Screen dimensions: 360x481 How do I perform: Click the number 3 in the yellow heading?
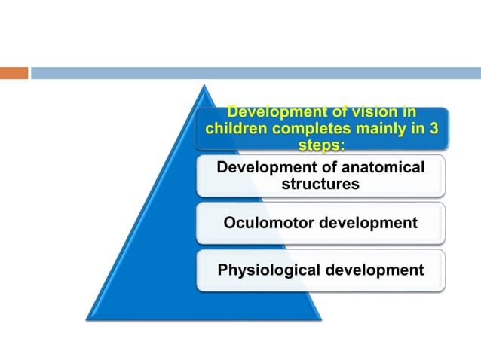pyautogui.click(x=434, y=128)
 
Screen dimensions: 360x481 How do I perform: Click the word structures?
pyautogui.click(x=320, y=183)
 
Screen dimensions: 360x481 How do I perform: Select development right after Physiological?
pyautogui.click(x=375, y=270)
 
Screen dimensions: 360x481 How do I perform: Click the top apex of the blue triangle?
pyautogui.click(x=200, y=85)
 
